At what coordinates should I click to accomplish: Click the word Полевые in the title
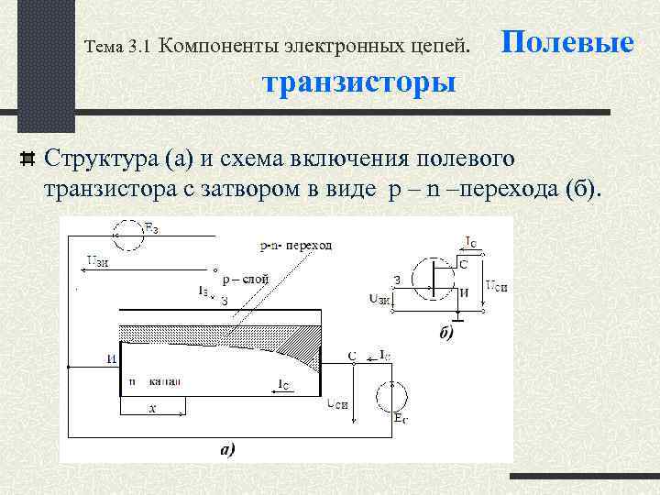568,42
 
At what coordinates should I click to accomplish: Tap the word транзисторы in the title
358,82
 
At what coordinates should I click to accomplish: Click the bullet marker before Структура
27,158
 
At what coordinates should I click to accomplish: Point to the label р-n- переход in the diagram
296,246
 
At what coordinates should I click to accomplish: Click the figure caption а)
226,449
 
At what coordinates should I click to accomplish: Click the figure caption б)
445,335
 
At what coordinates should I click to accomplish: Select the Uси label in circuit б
496,286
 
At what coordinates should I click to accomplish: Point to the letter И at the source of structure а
111,358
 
